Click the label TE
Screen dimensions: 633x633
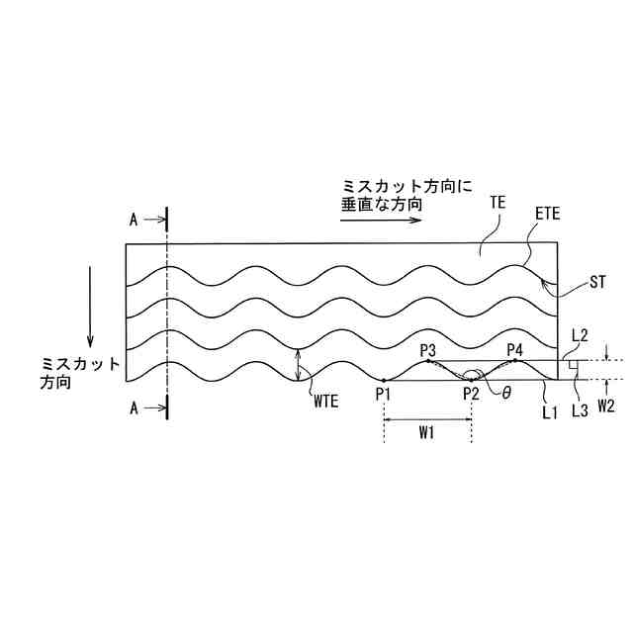[497, 202]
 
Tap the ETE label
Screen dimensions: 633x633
[548, 214]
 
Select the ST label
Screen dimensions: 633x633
[597, 283]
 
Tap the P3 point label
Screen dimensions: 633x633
[427, 350]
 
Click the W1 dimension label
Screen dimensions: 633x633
[427, 432]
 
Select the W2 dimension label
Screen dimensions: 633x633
[606, 406]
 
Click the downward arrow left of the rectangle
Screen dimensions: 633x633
[92, 303]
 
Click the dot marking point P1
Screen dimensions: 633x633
[383, 380]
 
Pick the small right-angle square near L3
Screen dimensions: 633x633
[573, 366]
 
